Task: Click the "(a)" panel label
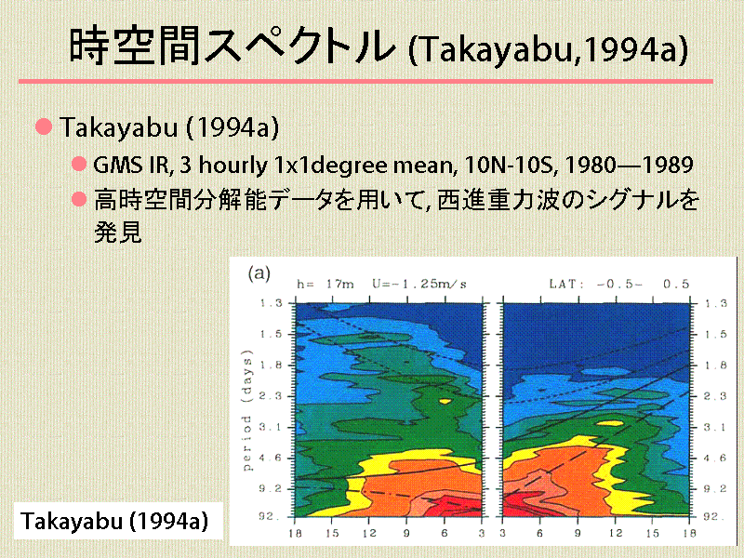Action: [259, 273]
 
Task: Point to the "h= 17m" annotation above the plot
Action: [325, 285]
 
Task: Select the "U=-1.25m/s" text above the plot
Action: [419, 285]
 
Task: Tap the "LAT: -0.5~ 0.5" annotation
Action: [619, 285]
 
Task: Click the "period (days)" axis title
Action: [247, 410]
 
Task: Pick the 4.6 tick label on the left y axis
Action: [270, 458]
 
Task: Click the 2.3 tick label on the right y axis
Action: [715, 396]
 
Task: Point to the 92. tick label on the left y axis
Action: [270, 516]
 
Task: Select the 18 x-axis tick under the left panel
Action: [295, 533]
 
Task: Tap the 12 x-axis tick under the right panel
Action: [616, 533]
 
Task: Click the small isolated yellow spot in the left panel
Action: [445, 402]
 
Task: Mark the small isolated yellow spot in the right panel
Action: [609, 423]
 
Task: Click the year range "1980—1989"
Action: [630, 165]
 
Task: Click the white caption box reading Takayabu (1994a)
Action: [118, 521]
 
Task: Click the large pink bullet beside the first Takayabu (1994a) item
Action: [44, 126]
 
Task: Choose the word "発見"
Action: [118, 232]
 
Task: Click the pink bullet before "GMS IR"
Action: [79, 165]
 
